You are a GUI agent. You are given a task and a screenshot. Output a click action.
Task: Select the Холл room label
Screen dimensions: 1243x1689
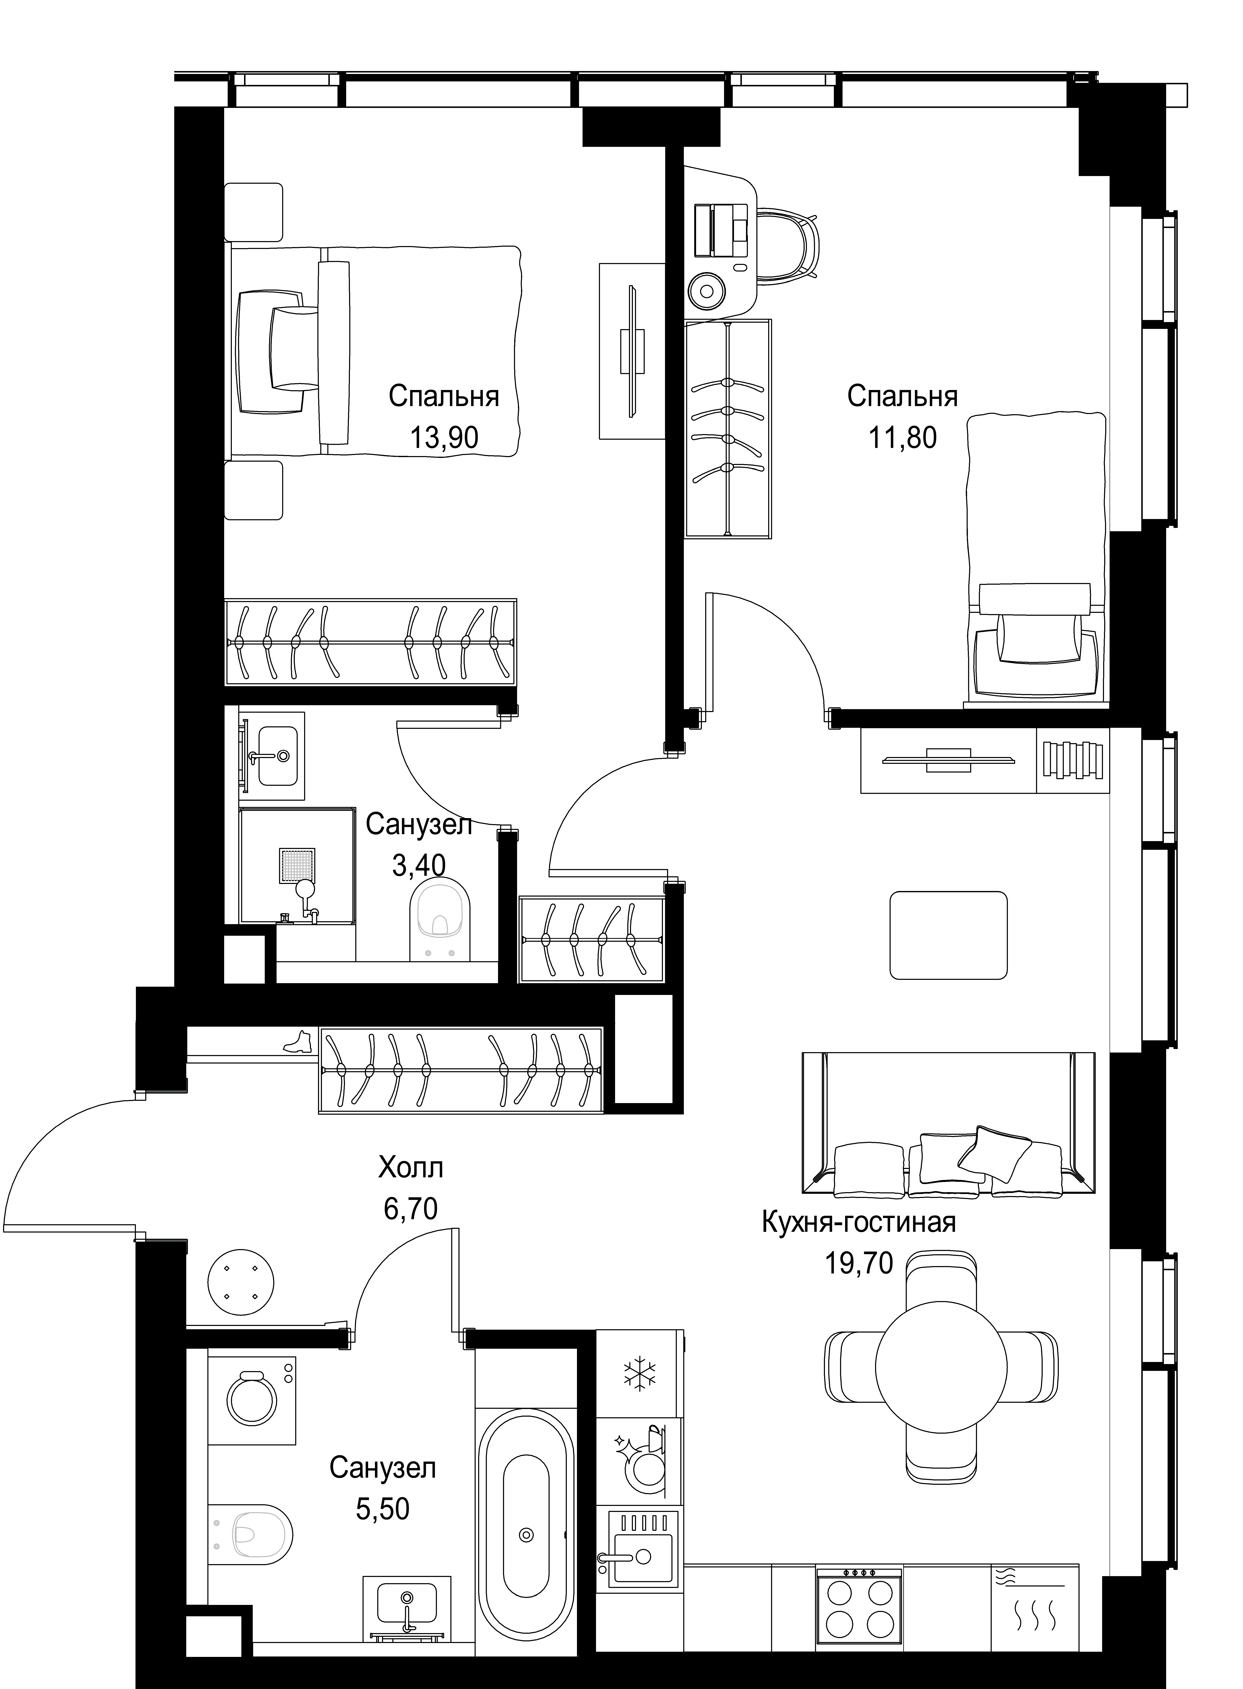(x=411, y=1168)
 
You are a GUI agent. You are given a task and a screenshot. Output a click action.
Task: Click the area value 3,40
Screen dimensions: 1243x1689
(x=419, y=866)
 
